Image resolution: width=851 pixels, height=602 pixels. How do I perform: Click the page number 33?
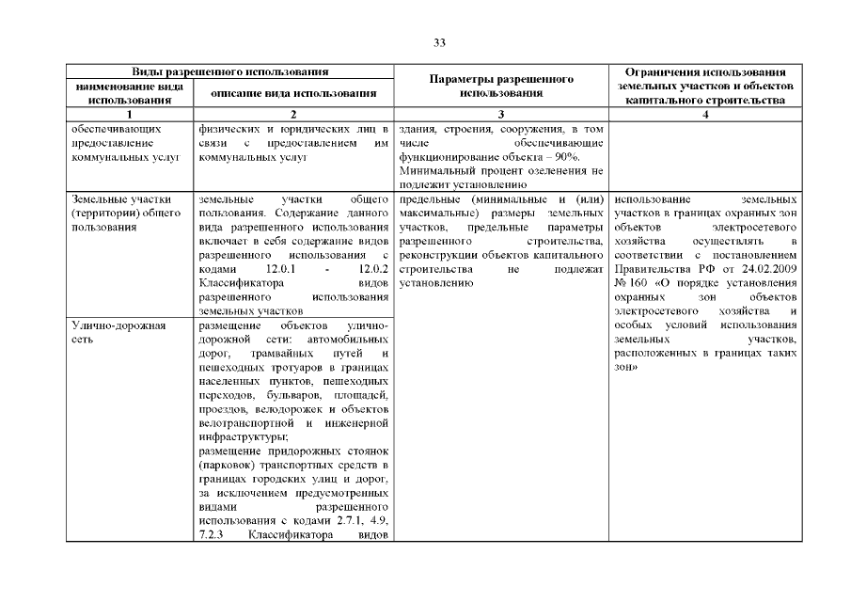(x=439, y=42)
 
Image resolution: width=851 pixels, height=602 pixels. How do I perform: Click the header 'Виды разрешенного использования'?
(x=229, y=71)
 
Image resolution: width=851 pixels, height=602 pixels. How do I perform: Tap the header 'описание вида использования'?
(x=293, y=93)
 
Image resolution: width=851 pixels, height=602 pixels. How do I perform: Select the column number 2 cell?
(x=293, y=114)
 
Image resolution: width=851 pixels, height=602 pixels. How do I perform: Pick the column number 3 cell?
(x=501, y=114)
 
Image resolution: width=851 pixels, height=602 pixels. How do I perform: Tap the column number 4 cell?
(x=704, y=114)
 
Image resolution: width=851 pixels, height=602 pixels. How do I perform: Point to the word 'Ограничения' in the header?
(x=662, y=71)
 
